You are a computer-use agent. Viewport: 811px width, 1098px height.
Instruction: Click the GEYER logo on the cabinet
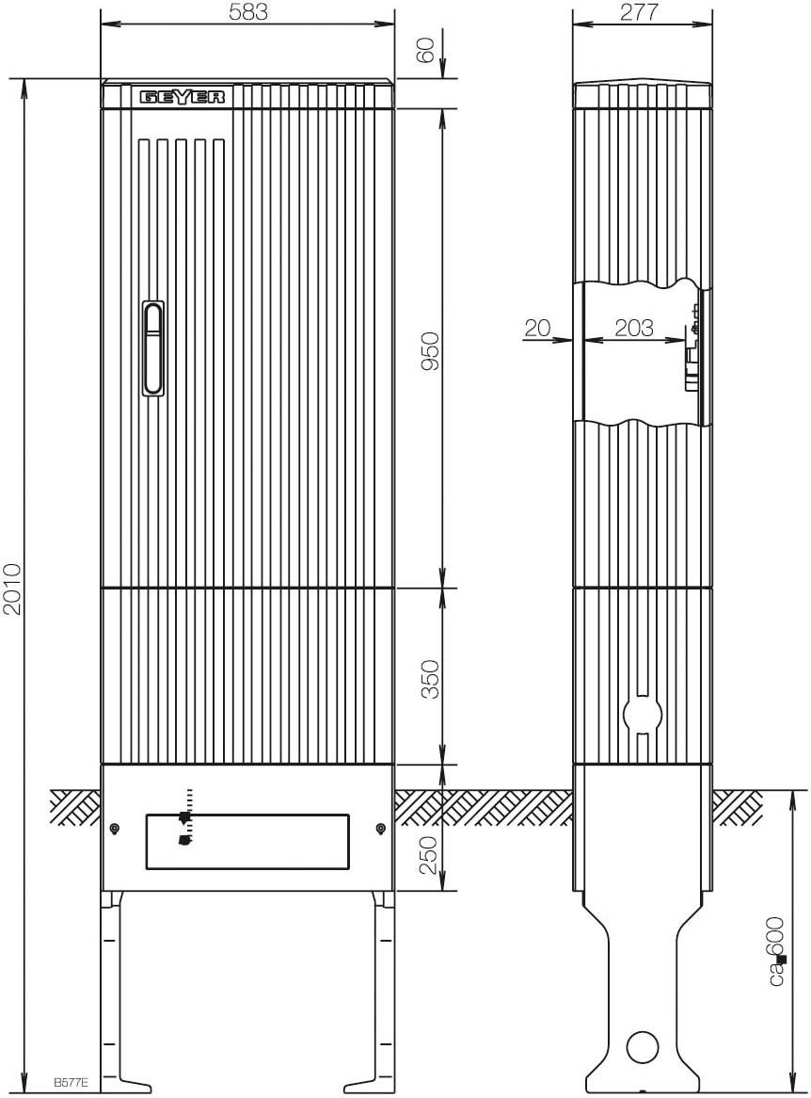tap(183, 97)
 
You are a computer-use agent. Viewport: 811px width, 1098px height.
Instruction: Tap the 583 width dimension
tap(248, 12)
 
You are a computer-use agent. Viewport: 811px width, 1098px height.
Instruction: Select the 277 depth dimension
tap(639, 12)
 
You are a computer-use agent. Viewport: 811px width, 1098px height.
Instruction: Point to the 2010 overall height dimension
tap(12, 589)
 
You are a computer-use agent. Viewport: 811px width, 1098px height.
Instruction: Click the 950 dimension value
tap(430, 351)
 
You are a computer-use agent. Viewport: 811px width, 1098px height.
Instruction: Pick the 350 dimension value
tap(430, 679)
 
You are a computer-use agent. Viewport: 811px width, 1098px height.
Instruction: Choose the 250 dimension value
tap(430, 854)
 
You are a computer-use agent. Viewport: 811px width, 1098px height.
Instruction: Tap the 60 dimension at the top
tap(425, 51)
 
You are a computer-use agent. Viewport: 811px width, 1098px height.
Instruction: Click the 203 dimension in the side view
tap(634, 327)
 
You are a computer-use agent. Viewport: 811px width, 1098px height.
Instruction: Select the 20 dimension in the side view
tap(537, 327)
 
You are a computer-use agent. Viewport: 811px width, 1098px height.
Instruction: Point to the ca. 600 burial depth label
tap(777, 951)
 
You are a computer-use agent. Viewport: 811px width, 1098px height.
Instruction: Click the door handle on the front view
tap(152, 348)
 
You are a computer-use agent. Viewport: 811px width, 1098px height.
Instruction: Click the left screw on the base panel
tap(114, 829)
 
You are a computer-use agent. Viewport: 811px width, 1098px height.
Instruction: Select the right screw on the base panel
tap(380, 829)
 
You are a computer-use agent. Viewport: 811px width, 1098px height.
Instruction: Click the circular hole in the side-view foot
tap(642, 1047)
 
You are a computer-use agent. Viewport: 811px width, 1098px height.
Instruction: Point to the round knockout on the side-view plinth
tap(642, 714)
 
